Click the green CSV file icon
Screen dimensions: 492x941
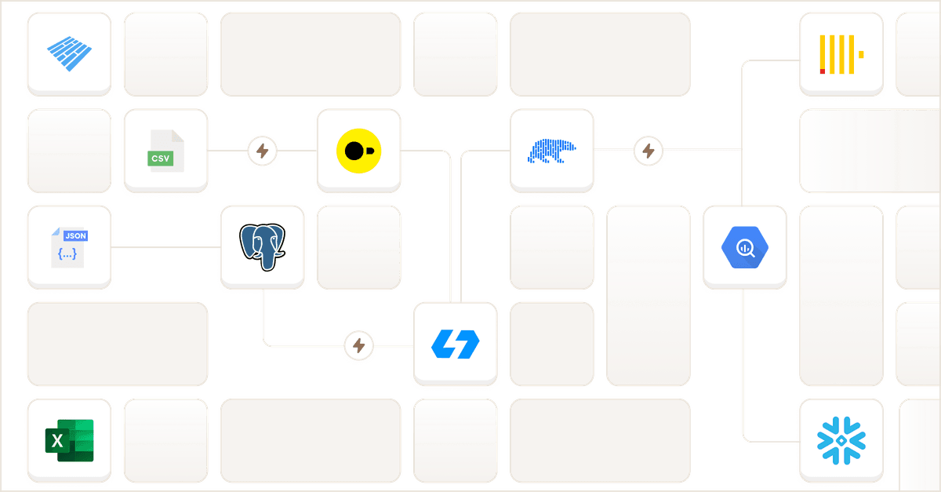(x=165, y=151)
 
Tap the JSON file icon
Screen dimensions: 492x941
(x=69, y=247)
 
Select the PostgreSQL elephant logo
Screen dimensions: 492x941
(x=262, y=247)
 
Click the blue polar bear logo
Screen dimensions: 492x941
(x=551, y=151)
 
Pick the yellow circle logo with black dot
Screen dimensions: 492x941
(x=358, y=151)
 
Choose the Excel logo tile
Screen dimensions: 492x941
(x=69, y=440)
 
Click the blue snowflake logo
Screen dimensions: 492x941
(x=841, y=440)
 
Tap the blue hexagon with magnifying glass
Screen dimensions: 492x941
(x=744, y=247)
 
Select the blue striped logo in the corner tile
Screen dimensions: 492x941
(x=69, y=54)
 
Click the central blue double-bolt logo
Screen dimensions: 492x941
(x=455, y=344)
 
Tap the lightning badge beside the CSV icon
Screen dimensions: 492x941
(x=263, y=151)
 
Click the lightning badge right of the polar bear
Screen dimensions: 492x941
(x=648, y=151)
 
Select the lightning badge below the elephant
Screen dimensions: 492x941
(x=359, y=344)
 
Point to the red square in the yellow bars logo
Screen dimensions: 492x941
(x=822, y=71)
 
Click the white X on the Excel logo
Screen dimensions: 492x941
(x=57, y=442)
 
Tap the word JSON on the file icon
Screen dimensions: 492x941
(x=75, y=235)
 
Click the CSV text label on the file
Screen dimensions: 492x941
(x=161, y=159)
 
